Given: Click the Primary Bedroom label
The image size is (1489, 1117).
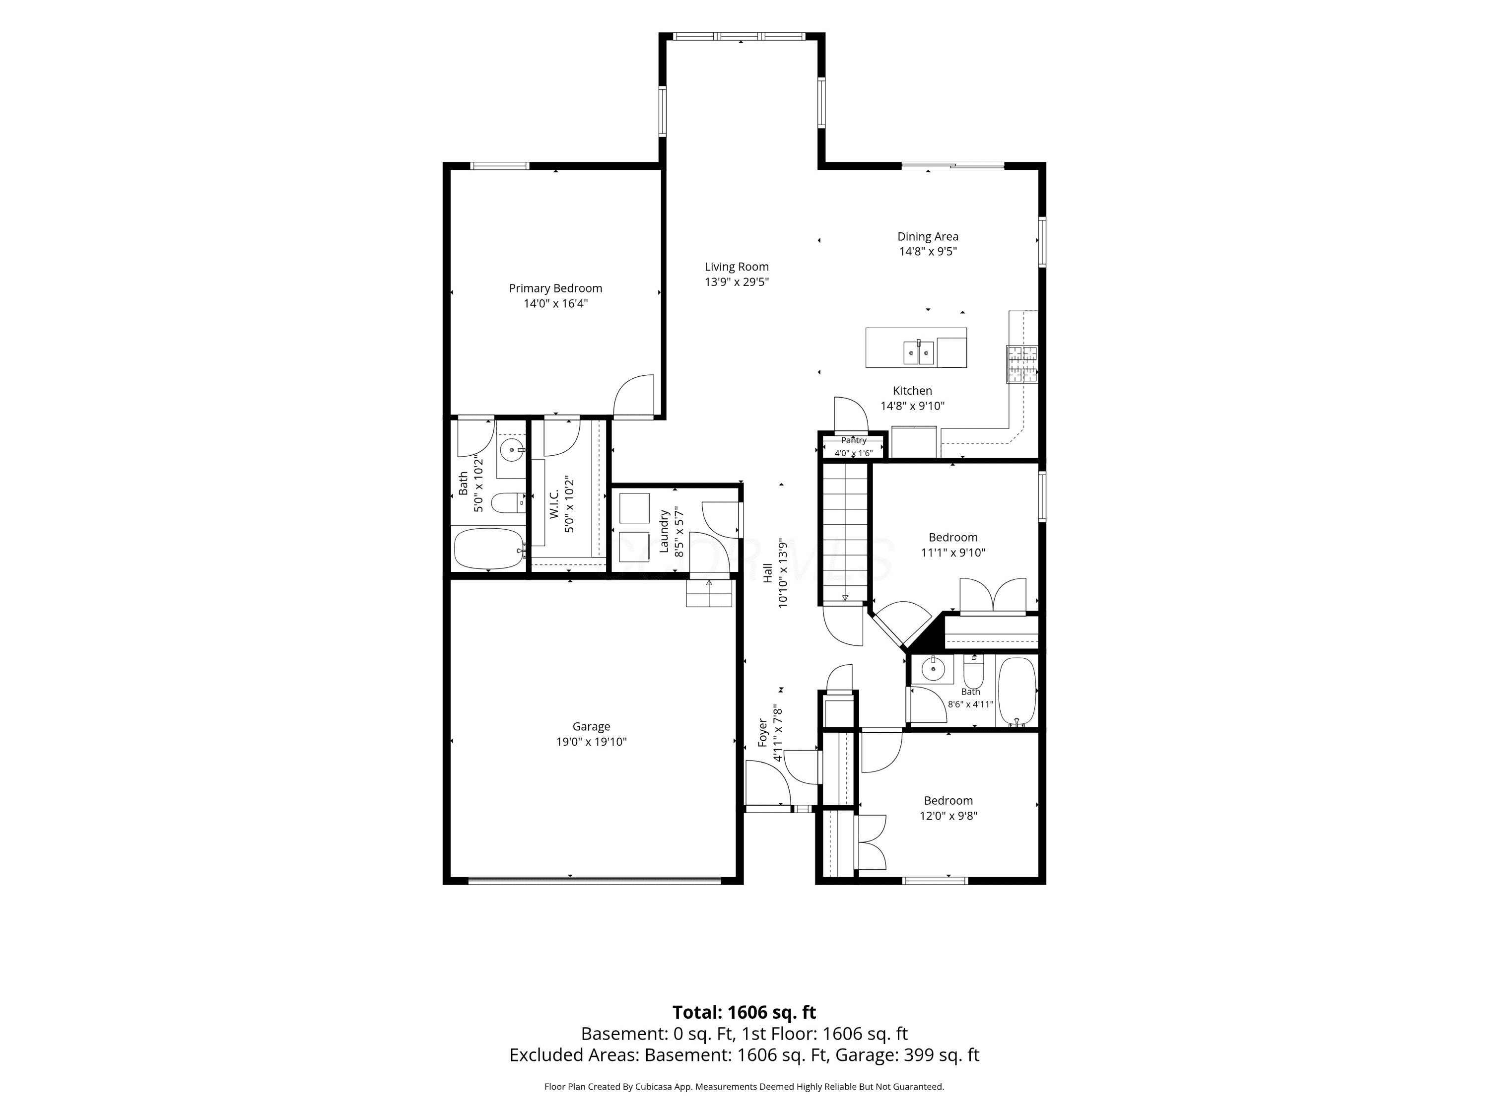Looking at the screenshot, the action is [x=555, y=288].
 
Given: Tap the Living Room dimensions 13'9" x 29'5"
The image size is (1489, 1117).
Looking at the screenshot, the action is [x=737, y=282].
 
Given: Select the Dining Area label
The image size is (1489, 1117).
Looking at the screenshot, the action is [x=928, y=236].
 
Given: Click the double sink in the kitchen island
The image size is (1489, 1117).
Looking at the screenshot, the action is [x=919, y=352].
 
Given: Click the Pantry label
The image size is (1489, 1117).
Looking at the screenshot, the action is [x=854, y=440].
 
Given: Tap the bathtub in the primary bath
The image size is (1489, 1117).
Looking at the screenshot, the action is [x=489, y=548].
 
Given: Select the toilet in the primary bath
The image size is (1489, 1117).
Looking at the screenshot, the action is [x=508, y=502].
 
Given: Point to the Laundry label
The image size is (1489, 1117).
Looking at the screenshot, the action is [x=664, y=532].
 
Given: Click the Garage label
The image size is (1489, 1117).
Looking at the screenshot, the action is [x=591, y=726].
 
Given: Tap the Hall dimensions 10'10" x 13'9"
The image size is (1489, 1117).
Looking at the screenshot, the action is [x=782, y=572].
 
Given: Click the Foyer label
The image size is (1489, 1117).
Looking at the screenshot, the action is [x=763, y=733].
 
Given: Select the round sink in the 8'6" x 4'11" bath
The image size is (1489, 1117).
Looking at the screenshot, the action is [x=933, y=669].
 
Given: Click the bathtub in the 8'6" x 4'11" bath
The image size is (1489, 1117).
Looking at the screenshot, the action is [x=1016, y=691].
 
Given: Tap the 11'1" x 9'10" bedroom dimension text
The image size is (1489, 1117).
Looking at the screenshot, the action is [x=952, y=553].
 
